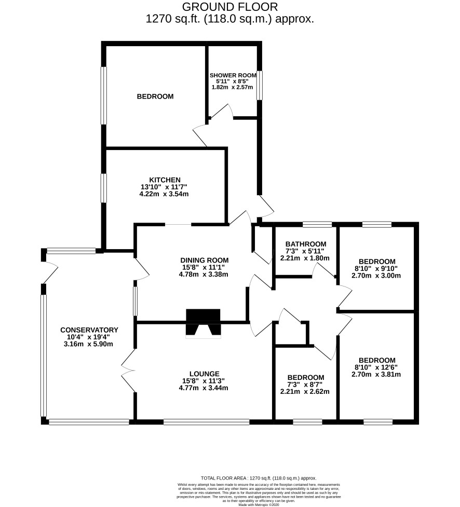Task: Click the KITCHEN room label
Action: pos(165,180)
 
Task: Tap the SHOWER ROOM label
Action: pos(233,75)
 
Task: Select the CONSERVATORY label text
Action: pos(89,330)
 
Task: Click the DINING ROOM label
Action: pos(205,261)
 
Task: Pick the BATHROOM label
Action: pos(306,244)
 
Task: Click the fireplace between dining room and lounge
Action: pos(203,323)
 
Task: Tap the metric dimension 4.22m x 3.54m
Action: pos(164,194)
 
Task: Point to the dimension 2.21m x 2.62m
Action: pos(305,392)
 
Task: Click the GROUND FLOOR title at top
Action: pos(230,7)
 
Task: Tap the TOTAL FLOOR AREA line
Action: pos(259,478)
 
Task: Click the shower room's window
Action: pos(260,85)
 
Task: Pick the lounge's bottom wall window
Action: pos(207,422)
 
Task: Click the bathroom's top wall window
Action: pos(317,224)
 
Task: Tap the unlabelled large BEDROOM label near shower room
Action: pos(155,97)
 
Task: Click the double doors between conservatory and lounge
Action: pos(129,371)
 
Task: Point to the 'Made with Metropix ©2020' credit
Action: pos(259,504)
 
